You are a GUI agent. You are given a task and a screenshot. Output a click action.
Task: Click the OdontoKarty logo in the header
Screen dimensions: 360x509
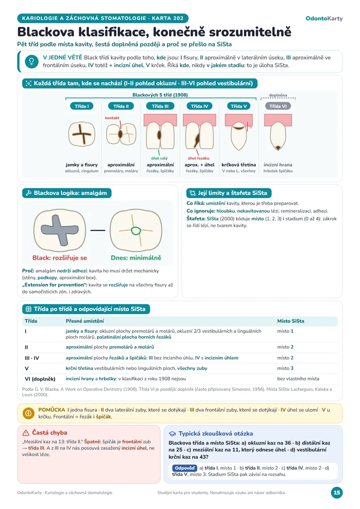(x=324, y=18)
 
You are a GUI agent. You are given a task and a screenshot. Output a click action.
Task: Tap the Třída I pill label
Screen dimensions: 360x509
(x=81, y=106)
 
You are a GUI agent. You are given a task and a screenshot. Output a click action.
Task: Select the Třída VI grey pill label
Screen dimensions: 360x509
(x=278, y=106)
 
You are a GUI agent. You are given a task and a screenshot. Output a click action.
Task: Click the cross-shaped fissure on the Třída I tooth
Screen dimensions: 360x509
(x=82, y=134)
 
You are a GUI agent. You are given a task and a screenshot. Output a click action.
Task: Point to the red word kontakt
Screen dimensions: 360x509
(x=112, y=118)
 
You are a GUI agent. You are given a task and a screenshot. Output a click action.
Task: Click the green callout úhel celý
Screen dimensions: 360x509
(x=159, y=158)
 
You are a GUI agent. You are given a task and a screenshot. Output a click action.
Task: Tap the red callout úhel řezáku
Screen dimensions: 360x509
(x=198, y=158)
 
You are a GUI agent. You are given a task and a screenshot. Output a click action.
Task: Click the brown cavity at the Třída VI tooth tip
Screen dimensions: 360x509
(x=278, y=148)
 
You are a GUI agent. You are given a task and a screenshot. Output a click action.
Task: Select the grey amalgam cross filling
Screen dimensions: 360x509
(x=60, y=230)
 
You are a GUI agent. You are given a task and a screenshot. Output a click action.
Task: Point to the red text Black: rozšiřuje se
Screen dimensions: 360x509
(x=60, y=258)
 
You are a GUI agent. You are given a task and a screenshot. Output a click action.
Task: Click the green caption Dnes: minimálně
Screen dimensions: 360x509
(x=136, y=258)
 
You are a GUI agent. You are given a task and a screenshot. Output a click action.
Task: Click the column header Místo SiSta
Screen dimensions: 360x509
(x=290, y=321)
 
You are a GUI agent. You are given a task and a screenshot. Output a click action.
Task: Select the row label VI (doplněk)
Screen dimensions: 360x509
(x=40, y=379)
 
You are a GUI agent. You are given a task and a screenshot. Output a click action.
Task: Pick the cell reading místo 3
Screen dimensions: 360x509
(x=285, y=368)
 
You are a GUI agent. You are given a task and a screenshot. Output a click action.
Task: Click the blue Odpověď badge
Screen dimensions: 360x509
(x=185, y=468)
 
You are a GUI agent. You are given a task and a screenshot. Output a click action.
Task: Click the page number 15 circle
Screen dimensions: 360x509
(x=337, y=492)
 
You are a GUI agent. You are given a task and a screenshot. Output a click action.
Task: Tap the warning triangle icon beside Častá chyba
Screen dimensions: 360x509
(x=26, y=433)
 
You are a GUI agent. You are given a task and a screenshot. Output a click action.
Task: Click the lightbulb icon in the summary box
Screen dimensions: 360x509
(x=31, y=62)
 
